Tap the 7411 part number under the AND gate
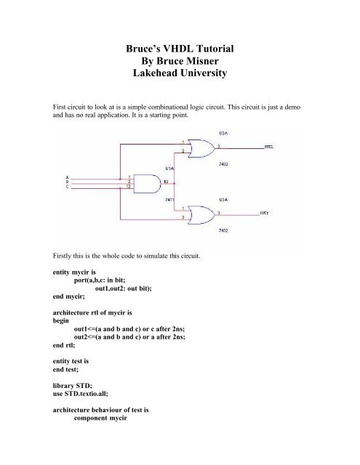tap(169, 198)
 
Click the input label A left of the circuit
tap(68, 177)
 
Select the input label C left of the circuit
tap(68, 187)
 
